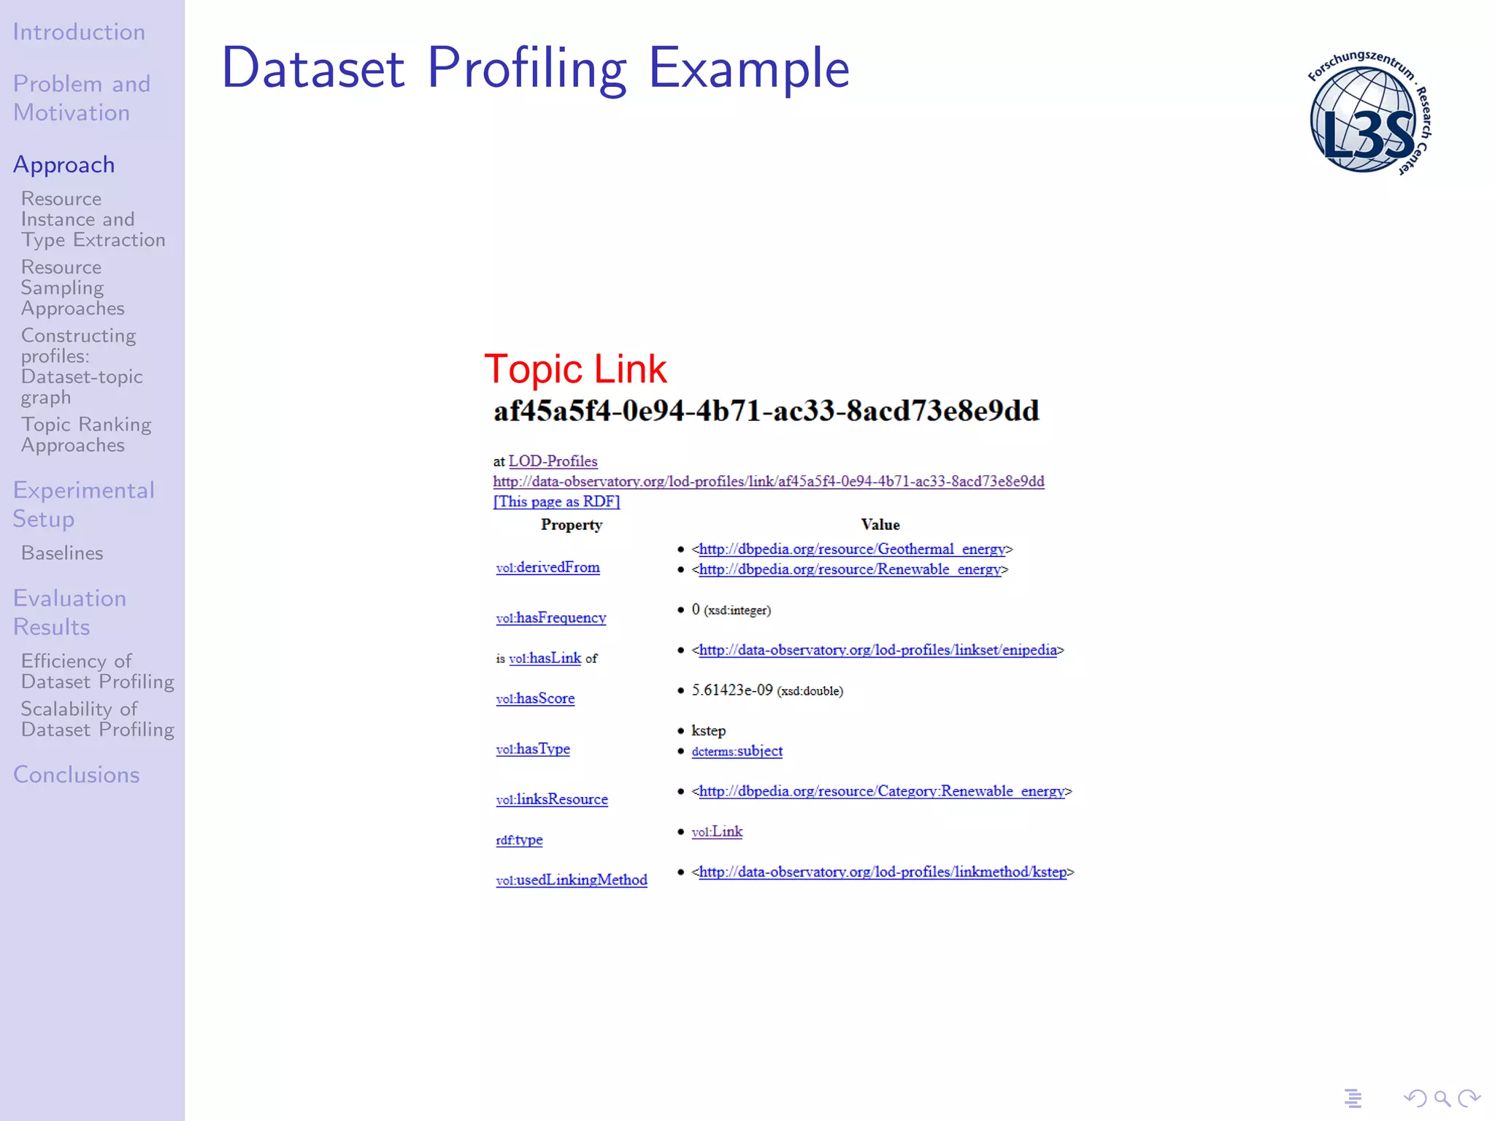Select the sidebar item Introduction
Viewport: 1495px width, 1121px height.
pyautogui.click(x=79, y=32)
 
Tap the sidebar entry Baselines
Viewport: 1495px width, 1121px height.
pyautogui.click(x=62, y=553)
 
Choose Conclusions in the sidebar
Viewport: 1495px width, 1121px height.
pyautogui.click(x=77, y=774)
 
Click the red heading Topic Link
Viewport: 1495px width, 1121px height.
pyautogui.click(x=575, y=369)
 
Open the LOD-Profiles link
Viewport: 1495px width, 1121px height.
pyautogui.click(x=553, y=461)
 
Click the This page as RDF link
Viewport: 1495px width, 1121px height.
pyautogui.click(x=556, y=501)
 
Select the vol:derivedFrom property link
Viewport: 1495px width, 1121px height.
pyautogui.click(x=547, y=567)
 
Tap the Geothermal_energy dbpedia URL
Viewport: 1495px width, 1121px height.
pyautogui.click(x=852, y=549)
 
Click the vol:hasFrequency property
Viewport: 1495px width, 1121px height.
pyautogui.click(x=551, y=617)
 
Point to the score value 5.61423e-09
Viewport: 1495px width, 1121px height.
pyautogui.click(x=731, y=690)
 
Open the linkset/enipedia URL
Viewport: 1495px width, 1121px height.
pyautogui.click(x=877, y=650)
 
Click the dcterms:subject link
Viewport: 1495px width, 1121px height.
pyautogui.click(x=737, y=751)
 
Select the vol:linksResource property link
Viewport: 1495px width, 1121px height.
pyautogui.click(x=552, y=799)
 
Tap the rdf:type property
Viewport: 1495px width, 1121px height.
pyautogui.click(x=519, y=839)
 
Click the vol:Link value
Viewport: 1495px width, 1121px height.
pyautogui.click(x=717, y=831)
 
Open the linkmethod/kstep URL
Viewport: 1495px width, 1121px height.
pyautogui.click(x=883, y=871)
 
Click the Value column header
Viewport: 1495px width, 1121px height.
pyautogui.click(x=880, y=525)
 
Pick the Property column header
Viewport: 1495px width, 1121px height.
pyautogui.click(x=572, y=525)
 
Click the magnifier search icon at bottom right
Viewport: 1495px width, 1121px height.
pyautogui.click(x=1442, y=1098)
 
